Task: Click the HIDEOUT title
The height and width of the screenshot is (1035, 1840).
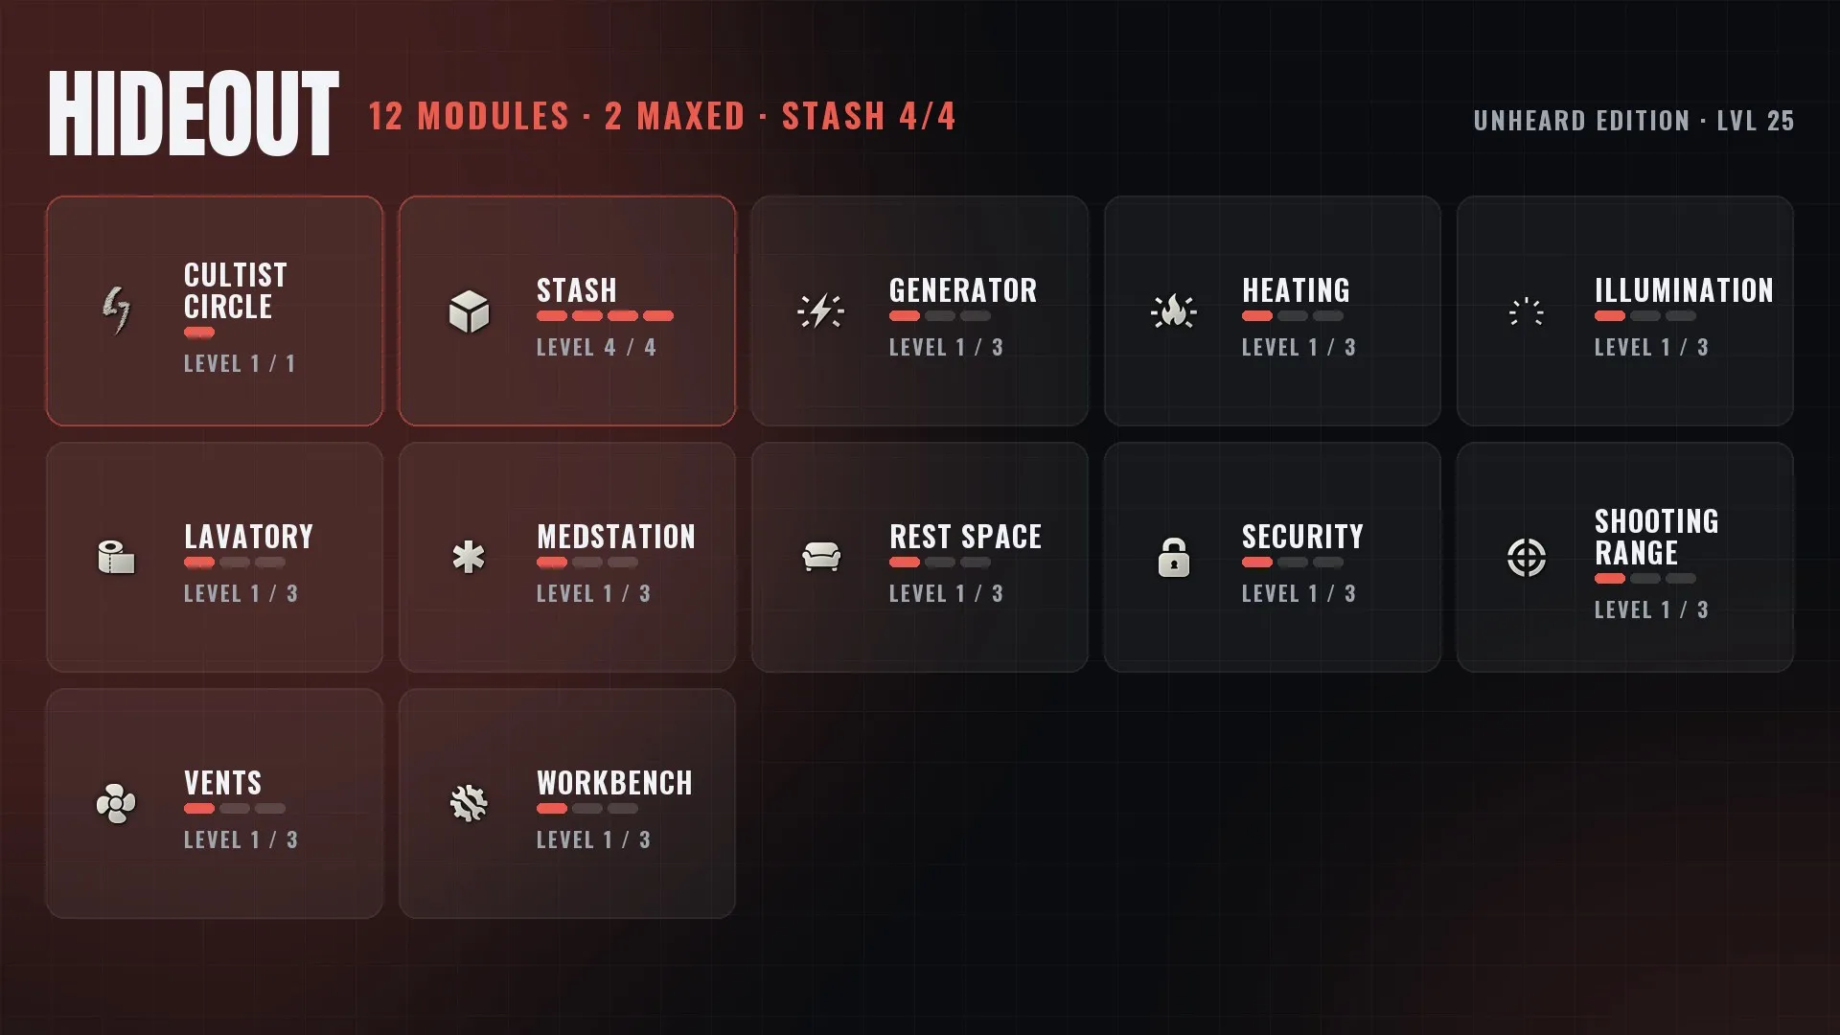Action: click(194, 113)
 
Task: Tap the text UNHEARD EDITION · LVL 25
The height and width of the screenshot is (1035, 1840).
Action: click(1634, 121)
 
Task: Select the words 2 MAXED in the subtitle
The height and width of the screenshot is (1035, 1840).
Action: click(675, 117)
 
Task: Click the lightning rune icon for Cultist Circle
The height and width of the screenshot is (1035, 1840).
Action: click(116, 310)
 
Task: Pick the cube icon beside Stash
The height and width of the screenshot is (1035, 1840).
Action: click(469, 311)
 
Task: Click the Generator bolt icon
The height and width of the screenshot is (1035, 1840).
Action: click(821, 311)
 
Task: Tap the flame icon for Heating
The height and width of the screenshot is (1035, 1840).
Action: click(1174, 311)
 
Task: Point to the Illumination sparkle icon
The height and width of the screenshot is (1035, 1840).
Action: click(1527, 311)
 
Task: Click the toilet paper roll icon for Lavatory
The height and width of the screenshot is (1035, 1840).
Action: click(116, 557)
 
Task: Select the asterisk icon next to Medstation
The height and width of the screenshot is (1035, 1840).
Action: click(469, 557)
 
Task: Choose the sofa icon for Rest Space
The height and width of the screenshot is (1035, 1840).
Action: click(821, 557)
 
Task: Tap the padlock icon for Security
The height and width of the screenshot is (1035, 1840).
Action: click(1174, 557)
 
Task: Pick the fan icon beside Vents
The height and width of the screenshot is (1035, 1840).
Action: click(116, 803)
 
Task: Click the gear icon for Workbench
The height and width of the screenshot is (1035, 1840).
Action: click(469, 803)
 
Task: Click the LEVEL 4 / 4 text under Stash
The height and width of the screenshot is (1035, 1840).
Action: click(596, 348)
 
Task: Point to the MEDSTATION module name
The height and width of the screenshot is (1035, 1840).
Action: click(616, 537)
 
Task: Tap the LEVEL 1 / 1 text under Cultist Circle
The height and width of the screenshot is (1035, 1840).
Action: click(240, 364)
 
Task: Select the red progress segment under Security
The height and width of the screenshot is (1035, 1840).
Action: click(1257, 563)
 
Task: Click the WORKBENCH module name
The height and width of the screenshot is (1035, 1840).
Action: click(614, 783)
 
